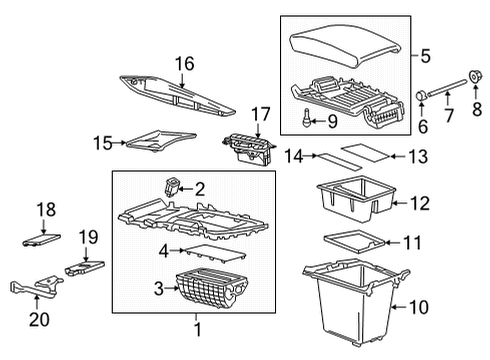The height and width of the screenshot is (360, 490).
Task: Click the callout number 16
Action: (x=185, y=63)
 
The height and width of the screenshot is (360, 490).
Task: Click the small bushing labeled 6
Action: (x=422, y=96)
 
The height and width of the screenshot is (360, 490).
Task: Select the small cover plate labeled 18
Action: (x=40, y=239)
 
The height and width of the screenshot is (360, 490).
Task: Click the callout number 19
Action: (x=88, y=237)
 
